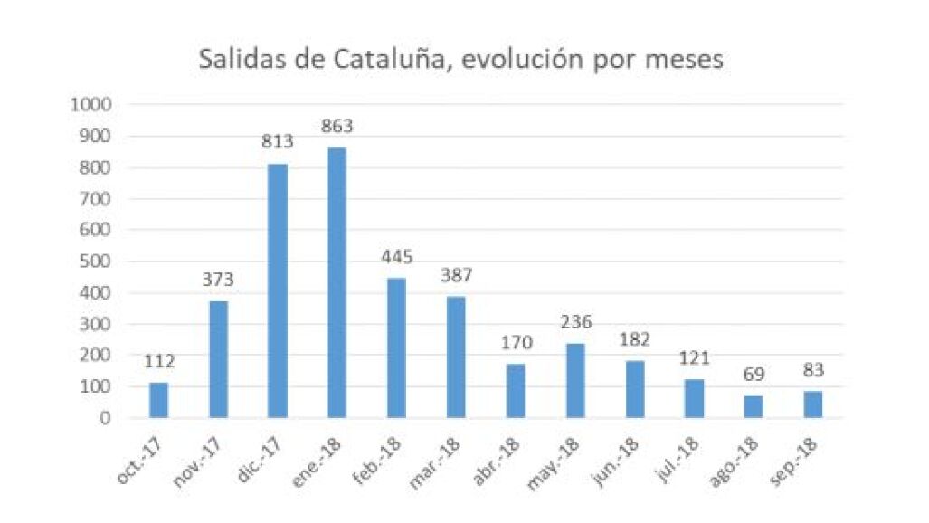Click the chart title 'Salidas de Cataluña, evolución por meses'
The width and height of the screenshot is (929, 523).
pos(460,60)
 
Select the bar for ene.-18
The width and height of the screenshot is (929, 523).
pos(337,282)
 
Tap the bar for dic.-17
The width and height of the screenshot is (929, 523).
pos(278,290)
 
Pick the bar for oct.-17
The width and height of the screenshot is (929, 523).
pos(159,400)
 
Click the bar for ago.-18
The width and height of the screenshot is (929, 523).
pos(754,407)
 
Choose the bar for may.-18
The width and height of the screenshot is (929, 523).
pos(575,381)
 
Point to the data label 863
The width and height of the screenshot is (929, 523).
pos(337,126)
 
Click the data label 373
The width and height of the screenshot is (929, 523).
pos(218,280)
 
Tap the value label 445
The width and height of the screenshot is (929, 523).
pos(397,257)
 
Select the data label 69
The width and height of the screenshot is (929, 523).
pos(754,375)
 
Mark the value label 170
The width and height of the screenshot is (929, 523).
pos(517,343)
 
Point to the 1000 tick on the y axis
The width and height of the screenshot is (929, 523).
pos(91,105)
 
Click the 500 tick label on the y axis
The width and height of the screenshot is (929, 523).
pos(95,261)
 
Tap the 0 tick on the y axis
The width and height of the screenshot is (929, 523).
pos(106,418)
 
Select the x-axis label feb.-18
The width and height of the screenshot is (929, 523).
pos(377,461)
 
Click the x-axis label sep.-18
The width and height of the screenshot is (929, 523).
pos(793,462)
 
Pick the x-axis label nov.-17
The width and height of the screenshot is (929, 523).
pos(197,462)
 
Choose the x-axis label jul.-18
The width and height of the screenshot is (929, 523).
pos(678,460)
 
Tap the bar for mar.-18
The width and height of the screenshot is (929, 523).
pos(456,357)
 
